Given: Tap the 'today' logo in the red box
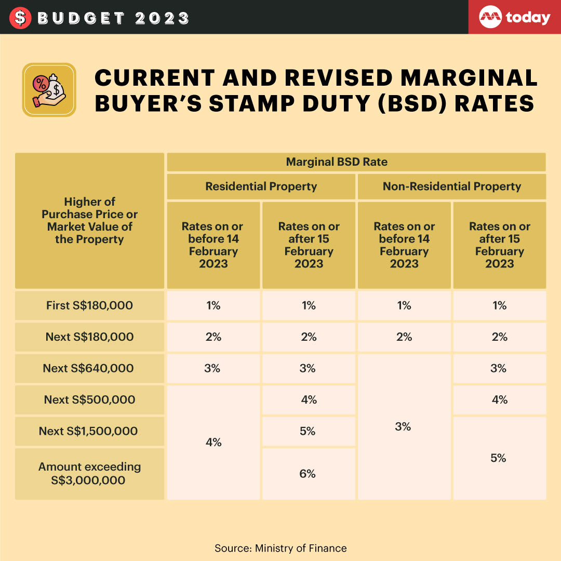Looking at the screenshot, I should coord(515,18).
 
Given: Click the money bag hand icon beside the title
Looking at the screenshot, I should coord(49,90).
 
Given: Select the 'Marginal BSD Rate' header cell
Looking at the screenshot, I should coord(356,162).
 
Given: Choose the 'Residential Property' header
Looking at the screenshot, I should coord(261,186).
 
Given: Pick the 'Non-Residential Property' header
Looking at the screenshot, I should coord(451,186).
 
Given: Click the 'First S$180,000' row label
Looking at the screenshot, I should coord(89,305).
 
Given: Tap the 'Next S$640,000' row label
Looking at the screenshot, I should coord(89,368).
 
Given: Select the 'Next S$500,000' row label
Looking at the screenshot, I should coord(89,399).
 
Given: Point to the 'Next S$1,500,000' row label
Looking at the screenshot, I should coord(89,431).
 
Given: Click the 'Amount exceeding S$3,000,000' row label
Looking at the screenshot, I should coord(89,473).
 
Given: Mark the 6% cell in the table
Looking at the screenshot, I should coord(308,473).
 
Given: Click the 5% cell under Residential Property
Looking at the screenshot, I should coord(308,431).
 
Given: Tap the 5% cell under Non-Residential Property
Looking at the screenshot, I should coord(499,458).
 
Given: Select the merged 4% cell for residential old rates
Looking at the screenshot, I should coord(213,442).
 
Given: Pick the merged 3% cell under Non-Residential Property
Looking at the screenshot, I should coord(404,426).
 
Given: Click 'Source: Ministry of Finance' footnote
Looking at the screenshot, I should coord(280,548).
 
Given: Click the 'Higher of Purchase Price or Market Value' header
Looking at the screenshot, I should coord(89,221).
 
